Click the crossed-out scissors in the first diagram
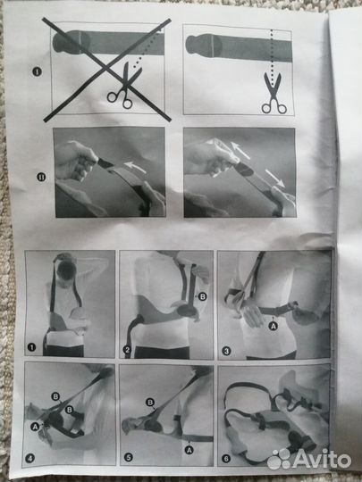(x=123, y=86)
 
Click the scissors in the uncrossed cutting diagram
(x=274, y=93)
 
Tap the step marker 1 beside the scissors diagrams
(x=37, y=72)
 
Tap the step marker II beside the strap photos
(x=41, y=178)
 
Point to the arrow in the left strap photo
(x=135, y=168)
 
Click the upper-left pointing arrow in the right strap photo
(x=240, y=150)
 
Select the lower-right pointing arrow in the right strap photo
(x=274, y=178)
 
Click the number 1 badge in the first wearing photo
(x=31, y=347)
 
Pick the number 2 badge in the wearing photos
(x=127, y=350)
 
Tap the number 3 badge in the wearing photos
(x=226, y=351)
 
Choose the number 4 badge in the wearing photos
(x=29, y=459)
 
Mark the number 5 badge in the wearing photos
(x=129, y=457)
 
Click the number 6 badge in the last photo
(x=226, y=459)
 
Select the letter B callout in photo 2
(x=202, y=296)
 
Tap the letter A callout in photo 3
(x=273, y=326)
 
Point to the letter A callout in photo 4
(x=35, y=427)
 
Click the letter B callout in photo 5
(x=150, y=403)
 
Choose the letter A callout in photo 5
(x=189, y=450)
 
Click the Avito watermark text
(x=322, y=460)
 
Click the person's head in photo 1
(x=67, y=270)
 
